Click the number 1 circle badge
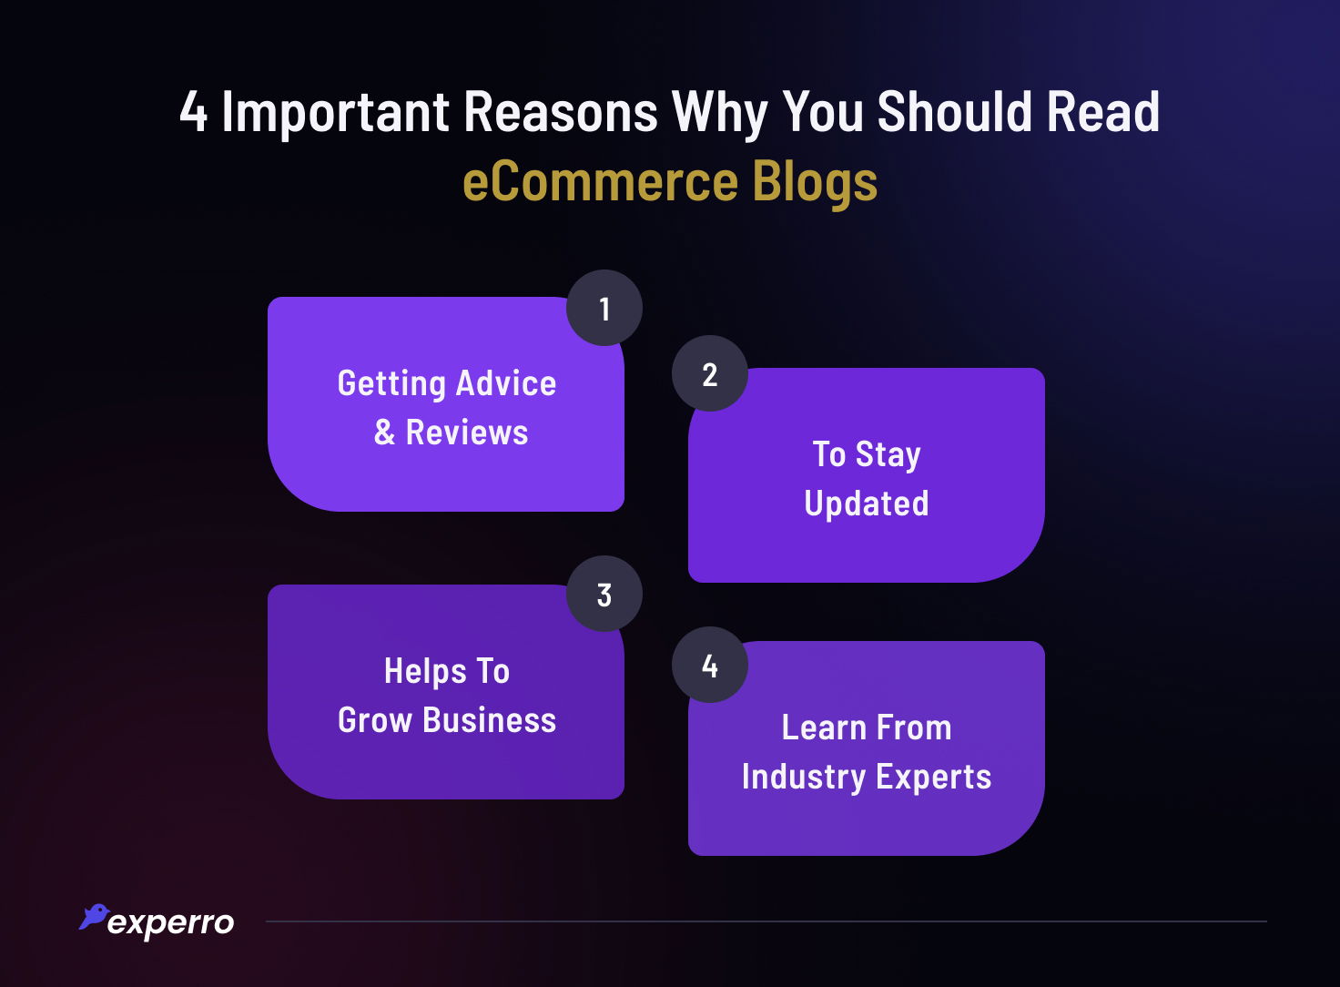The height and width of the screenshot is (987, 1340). [604, 309]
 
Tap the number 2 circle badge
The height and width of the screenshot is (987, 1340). [710, 374]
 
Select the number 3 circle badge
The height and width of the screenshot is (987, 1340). [604, 595]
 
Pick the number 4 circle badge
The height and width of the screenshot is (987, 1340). [710, 666]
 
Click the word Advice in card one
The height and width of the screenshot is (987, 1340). [506, 383]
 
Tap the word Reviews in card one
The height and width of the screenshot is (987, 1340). [467, 432]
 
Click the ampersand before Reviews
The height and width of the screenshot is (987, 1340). [385, 432]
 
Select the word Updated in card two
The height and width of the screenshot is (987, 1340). [867, 504]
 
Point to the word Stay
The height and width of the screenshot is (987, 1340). [888, 454]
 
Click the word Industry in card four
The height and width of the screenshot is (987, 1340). [804, 778]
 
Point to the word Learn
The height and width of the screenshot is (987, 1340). [824, 728]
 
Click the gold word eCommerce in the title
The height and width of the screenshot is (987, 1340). [600, 181]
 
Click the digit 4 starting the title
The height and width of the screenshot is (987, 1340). [193, 113]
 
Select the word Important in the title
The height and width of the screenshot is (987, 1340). [336, 113]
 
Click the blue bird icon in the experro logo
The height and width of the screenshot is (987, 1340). [94, 916]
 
